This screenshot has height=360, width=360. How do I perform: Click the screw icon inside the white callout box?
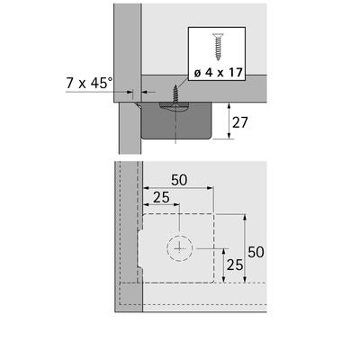pyautogui.click(x=219, y=47)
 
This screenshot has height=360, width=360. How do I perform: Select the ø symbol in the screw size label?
pyautogui.click(x=197, y=73)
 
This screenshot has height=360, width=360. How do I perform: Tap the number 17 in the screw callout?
pyautogui.click(x=236, y=72)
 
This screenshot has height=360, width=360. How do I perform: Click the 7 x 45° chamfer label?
pyautogui.click(x=89, y=83)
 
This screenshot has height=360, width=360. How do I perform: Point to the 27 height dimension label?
pyautogui.click(x=240, y=122)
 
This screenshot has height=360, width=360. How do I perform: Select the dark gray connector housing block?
pyautogui.click(x=176, y=120)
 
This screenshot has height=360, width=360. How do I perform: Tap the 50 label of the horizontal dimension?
pyautogui.click(x=179, y=180)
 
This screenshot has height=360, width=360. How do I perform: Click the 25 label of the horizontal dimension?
pyautogui.click(x=161, y=197)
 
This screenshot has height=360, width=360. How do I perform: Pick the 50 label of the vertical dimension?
pyautogui.click(x=256, y=252)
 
